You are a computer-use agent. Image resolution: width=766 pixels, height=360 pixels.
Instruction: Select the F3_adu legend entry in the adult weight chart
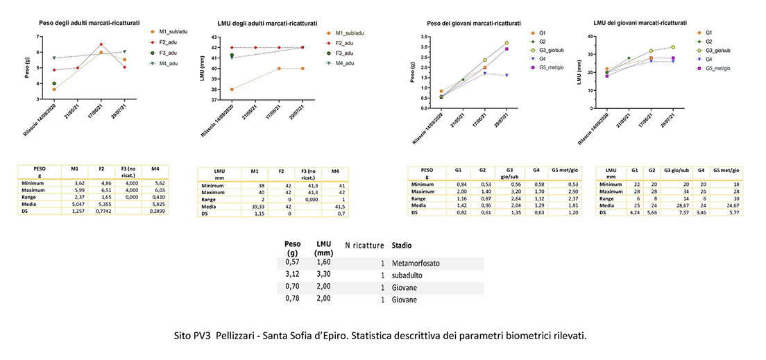(169, 52)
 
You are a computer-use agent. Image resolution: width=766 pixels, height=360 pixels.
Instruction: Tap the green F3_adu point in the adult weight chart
(53, 83)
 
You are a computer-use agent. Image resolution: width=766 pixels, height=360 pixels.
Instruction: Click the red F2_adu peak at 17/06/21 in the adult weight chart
(101, 44)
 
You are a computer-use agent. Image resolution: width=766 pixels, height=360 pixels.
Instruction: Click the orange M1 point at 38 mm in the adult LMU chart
(232, 89)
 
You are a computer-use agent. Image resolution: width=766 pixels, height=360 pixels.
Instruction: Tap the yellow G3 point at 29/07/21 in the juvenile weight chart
(507, 43)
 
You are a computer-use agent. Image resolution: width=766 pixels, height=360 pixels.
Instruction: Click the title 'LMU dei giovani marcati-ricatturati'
(641, 22)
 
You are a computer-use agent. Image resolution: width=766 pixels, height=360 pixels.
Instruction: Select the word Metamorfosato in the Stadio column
(415, 264)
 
